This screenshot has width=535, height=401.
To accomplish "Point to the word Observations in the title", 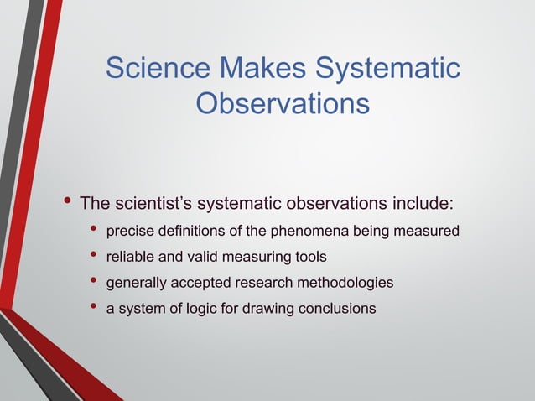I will coord(282,104).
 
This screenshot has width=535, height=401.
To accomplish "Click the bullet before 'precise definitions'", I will coord(92,230).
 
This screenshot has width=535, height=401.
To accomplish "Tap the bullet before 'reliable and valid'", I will coord(92,256).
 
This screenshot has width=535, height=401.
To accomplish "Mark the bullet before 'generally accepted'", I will coord(92,282).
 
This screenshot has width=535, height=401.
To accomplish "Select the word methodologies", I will coord(344,284).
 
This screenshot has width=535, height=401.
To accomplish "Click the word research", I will coord(258,284).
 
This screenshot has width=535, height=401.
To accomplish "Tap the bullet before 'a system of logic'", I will coord(92,307).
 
